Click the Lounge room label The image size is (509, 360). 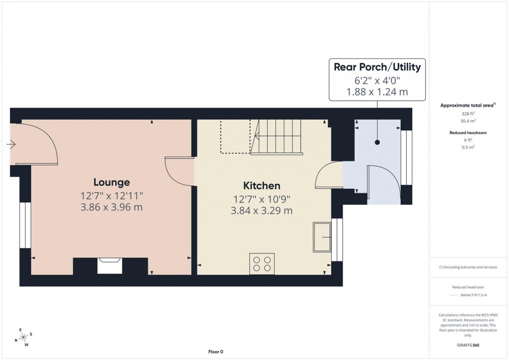112,182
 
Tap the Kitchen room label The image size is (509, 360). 261,186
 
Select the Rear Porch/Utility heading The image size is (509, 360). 377,67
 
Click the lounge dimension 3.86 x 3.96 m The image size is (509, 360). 112,207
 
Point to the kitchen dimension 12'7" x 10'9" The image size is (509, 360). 261,199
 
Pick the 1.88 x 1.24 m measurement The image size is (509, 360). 377,92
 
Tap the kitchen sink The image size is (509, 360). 322,237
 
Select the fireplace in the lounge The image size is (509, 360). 109,266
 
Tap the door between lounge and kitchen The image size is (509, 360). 179,171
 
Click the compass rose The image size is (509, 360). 22,338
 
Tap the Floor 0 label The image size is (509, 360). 216,352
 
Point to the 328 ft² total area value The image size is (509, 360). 468,114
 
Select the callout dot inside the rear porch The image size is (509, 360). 377,142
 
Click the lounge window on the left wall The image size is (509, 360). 24,225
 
